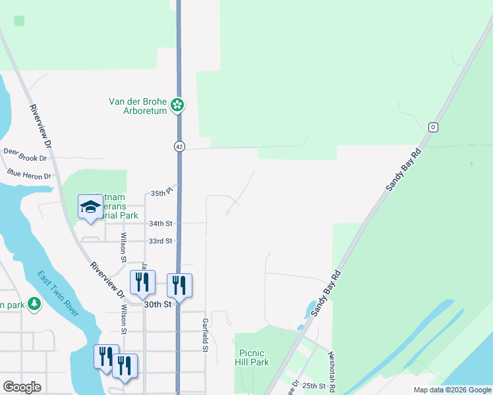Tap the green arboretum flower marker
tap(177, 105)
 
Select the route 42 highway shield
tap(179, 147)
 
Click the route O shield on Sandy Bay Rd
tap(433, 126)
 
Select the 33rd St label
tap(160, 241)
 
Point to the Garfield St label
tap(206, 334)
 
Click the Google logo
tap(22, 387)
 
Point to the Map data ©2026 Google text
tap(452, 390)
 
